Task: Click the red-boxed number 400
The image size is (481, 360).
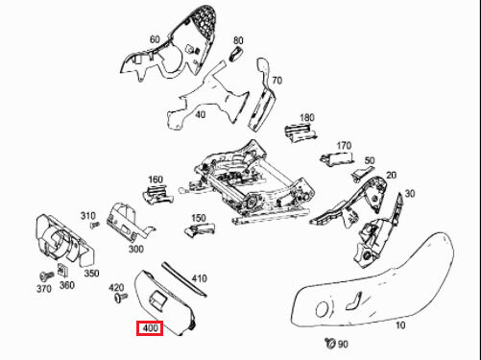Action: [x=150, y=328]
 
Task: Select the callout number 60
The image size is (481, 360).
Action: [x=155, y=39]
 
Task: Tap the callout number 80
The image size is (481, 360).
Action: [x=238, y=41]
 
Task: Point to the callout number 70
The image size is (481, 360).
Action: [x=277, y=80]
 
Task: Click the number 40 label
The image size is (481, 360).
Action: [x=201, y=114]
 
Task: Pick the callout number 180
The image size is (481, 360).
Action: [x=307, y=118]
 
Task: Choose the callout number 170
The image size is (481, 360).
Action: [x=344, y=146]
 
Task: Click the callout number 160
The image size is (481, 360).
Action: [x=155, y=179]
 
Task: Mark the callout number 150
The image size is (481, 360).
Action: [x=199, y=219]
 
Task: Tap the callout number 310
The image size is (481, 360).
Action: [x=88, y=215]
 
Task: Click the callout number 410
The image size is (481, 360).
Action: [x=199, y=278]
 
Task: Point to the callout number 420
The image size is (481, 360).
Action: [x=116, y=288]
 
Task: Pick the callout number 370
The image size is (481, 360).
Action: [x=43, y=289]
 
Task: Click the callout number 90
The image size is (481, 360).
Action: [x=343, y=344]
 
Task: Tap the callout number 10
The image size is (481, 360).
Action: [x=400, y=325]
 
